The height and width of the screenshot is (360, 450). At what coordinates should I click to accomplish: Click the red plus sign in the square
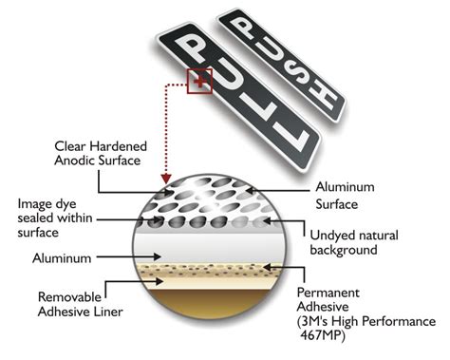point(199,82)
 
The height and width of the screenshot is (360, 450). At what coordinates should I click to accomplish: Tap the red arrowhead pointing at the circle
point(165,179)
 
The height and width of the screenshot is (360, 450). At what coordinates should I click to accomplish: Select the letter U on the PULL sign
point(225,74)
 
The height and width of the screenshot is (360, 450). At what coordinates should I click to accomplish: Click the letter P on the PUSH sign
point(243,28)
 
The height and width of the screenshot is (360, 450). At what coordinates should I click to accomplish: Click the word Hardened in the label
point(118,146)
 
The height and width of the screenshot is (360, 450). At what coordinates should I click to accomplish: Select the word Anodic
point(75,161)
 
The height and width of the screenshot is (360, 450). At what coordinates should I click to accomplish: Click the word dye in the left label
point(66,204)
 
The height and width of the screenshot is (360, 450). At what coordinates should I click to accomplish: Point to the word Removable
point(69,297)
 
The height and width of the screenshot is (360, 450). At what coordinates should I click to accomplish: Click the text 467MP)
point(322,335)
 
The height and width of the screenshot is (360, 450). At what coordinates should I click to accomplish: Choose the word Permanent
point(328,293)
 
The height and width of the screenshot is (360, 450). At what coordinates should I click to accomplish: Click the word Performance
point(399,321)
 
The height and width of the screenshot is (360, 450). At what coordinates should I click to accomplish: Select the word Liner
point(108,312)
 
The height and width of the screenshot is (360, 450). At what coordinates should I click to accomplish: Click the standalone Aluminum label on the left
point(62,258)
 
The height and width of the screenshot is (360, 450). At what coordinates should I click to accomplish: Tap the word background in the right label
point(344,250)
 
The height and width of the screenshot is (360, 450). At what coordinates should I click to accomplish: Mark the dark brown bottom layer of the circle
point(210,302)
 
